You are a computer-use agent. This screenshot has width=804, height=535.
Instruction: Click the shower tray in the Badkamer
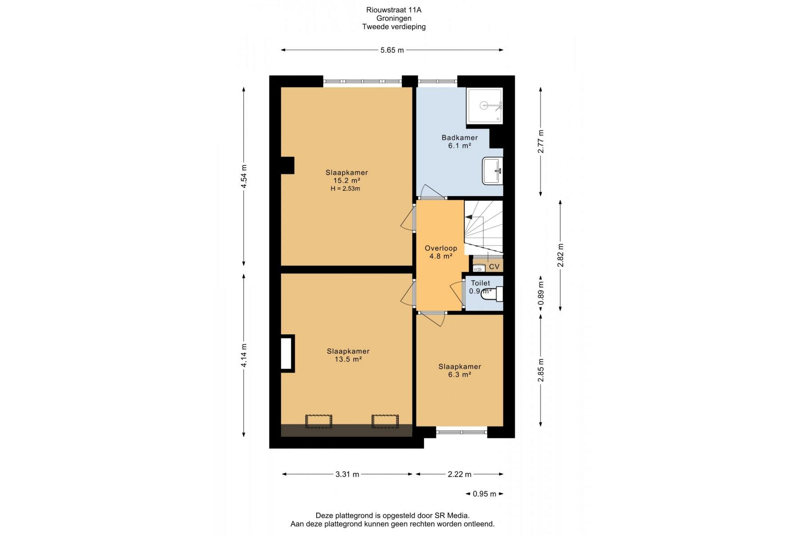tap(484, 106)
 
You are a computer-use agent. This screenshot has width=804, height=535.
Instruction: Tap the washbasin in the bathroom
tap(492, 170)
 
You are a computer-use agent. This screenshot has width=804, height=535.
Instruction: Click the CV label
tap(494, 267)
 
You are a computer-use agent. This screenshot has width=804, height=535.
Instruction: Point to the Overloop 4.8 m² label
tap(441, 252)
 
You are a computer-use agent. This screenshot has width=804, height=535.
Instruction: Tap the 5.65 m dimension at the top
tap(392, 50)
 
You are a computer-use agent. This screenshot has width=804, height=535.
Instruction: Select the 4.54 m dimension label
tap(244, 177)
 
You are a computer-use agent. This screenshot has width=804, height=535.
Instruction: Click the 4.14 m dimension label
tap(244, 355)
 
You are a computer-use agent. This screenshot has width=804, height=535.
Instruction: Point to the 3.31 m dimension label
tap(347, 474)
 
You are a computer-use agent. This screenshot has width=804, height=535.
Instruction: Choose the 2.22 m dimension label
tap(459, 474)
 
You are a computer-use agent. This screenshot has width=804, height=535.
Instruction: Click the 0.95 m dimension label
tap(485, 494)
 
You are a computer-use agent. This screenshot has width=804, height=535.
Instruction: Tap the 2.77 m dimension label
tap(541, 141)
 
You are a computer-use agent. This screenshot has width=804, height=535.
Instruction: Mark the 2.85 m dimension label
tap(541, 370)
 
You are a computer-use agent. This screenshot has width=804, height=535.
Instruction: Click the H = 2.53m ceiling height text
tap(345, 189)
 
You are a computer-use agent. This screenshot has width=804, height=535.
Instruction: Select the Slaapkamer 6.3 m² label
tap(459, 370)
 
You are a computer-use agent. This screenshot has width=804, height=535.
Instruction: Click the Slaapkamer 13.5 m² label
tap(348, 355)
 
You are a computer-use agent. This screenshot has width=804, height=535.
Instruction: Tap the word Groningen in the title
tap(394, 18)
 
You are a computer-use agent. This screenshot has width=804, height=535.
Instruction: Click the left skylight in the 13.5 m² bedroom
tap(318, 421)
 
